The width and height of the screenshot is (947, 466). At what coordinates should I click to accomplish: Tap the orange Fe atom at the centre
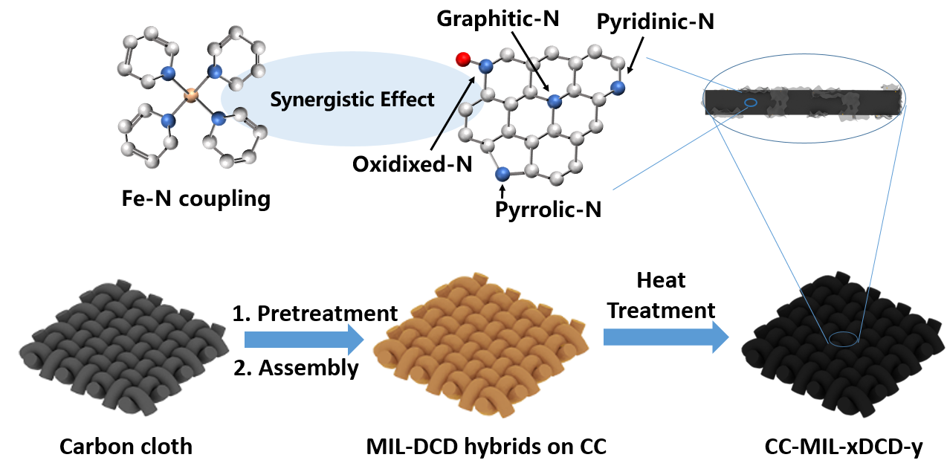(x=191, y=95)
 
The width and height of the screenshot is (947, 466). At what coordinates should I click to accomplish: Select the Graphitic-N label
(x=498, y=19)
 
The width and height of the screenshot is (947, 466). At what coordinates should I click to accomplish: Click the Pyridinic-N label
(x=655, y=22)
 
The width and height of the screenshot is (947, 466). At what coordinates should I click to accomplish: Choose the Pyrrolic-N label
(x=549, y=210)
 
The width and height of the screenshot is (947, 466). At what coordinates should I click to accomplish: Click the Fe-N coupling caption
(x=195, y=198)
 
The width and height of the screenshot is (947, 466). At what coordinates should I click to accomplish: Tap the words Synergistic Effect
(x=352, y=99)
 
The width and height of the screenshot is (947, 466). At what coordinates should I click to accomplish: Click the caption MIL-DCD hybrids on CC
(x=487, y=447)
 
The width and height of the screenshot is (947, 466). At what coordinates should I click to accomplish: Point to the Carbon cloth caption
(x=126, y=447)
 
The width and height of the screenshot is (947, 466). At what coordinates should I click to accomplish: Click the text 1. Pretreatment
(x=315, y=313)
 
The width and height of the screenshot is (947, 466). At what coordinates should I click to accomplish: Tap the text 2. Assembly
(x=295, y=367)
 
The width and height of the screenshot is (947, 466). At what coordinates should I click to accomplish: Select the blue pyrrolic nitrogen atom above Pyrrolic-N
(x=502, y=174)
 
